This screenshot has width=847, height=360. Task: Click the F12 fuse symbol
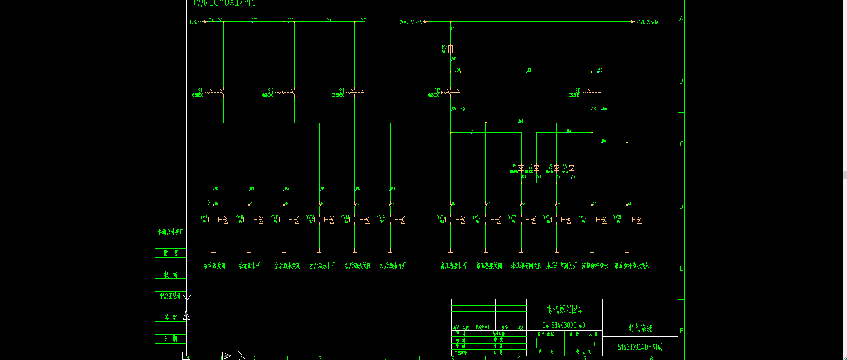click(x=451, y=49)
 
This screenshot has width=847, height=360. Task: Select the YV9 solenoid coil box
click(x=214, y=219)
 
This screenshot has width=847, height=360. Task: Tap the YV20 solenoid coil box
click(x=627, y=219)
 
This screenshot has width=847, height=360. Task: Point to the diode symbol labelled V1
click(x=521, y=168)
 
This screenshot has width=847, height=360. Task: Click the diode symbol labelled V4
click(x=572, y=168)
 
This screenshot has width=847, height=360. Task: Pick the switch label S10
click(x=271, y=90)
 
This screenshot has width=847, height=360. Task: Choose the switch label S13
click(x=578, y=90)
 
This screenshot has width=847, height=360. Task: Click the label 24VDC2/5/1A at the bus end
click(x=647, y=22)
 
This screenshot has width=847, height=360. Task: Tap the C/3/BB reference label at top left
click(x=196, y=22)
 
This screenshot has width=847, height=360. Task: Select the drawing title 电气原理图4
click(x=564, y=309)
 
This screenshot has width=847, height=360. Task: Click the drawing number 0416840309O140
click(x=564, y=325)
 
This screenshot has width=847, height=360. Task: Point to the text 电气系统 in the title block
click(x=640, y=328)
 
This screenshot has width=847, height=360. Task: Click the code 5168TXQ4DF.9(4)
click(x=640, y=347)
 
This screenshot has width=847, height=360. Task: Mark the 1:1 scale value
click(x=593, y=344)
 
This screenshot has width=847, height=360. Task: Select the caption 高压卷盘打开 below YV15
click(x=454, y=266)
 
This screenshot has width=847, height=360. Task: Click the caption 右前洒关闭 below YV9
click(x=214, y=266)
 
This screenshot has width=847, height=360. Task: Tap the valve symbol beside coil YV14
click(x=403, y=219)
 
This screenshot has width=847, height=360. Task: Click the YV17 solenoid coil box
click(x=521, y=219)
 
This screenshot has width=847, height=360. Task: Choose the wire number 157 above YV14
click(x=393, y=189)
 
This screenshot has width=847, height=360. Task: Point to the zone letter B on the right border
click(x=681, y=82)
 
